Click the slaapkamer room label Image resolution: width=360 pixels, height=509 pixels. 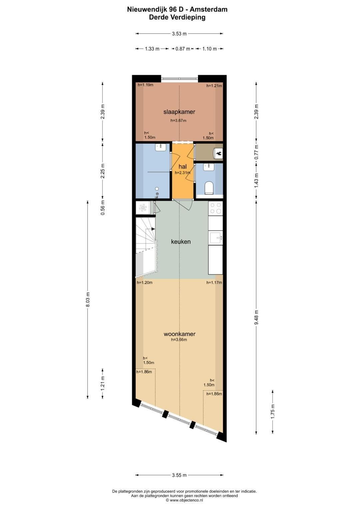(179, 112)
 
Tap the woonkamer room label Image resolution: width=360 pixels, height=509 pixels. (180, 334)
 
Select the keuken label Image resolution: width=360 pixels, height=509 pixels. (181, 242)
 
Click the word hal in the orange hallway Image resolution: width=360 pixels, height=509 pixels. (183, 167)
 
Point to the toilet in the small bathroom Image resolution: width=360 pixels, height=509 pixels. (209, 188)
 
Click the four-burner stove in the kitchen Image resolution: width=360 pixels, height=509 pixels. (216, 208)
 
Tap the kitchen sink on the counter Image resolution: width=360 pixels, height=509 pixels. (216, 238)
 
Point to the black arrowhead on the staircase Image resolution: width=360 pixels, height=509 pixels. (153, 229)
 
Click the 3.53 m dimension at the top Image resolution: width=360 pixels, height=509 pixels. (179, 34)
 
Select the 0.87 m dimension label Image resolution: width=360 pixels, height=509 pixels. (183, 49)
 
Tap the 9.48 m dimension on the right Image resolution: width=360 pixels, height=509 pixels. (256, 317)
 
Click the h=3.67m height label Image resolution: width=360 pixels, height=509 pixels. (178, 121)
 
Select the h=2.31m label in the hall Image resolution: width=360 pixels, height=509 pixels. (183, 173)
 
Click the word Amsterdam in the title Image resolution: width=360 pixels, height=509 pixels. (208, 9)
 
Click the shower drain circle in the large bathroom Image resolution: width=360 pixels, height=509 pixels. (157, 189)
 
